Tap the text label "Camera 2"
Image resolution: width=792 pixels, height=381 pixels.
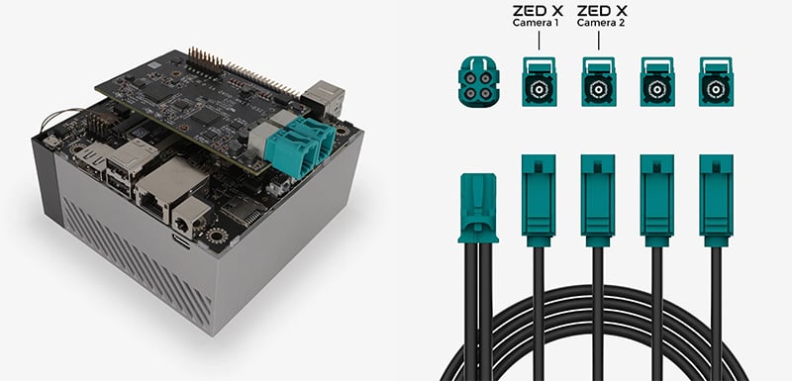point(600,23)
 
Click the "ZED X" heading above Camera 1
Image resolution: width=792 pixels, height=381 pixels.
point(538,11)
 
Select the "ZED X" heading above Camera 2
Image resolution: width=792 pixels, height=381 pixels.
point(601,11)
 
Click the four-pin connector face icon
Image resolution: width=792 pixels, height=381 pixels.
point(478,82)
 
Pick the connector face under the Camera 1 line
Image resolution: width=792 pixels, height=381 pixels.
point(539,82)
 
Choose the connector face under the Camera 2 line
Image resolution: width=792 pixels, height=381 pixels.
point(599,82)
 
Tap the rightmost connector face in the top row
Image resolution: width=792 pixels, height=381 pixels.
point(716,82)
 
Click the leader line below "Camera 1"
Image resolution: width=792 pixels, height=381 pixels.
point(539,41)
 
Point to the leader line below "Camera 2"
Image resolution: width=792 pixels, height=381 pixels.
point(599,41)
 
